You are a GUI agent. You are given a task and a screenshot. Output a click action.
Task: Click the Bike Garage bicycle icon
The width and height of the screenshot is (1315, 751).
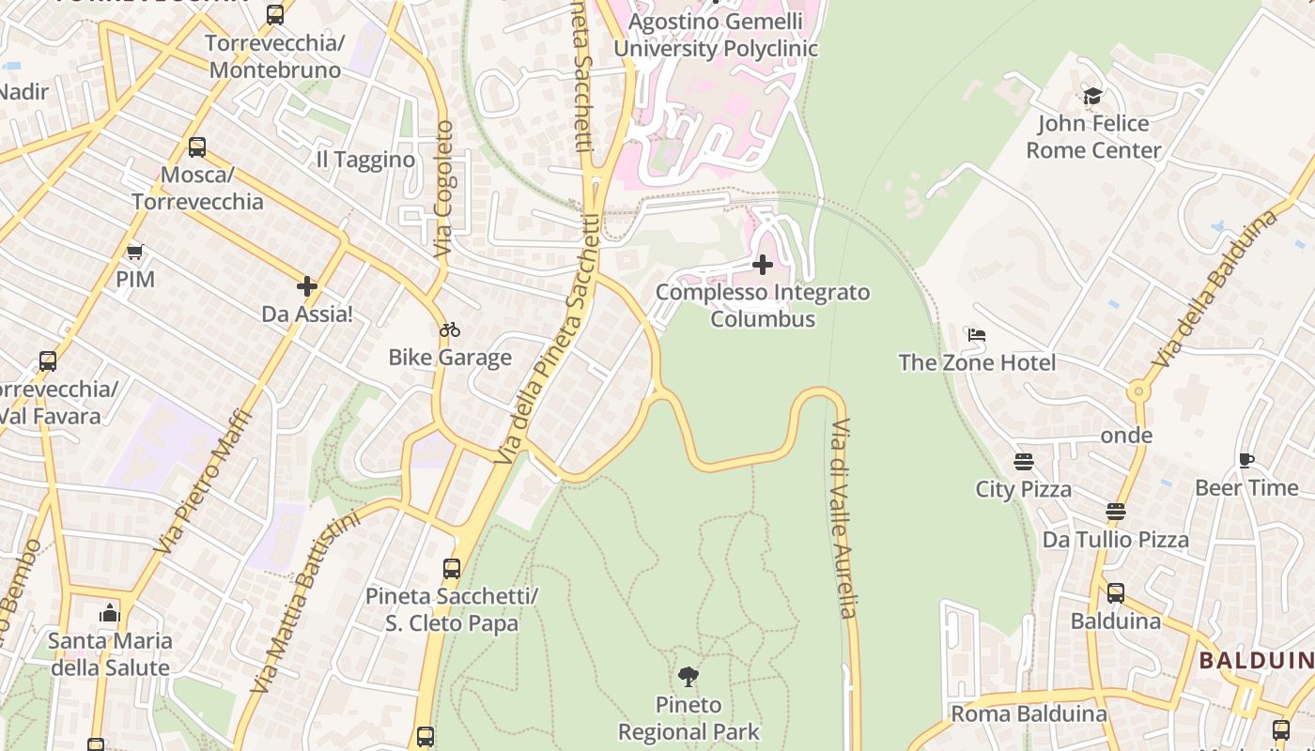(x=450, y=330)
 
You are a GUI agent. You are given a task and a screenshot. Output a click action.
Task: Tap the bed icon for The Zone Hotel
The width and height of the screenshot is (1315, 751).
(x=977, y=335)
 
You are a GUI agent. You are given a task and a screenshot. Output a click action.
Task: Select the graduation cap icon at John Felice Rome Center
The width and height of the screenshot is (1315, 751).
(x=1092, y=96)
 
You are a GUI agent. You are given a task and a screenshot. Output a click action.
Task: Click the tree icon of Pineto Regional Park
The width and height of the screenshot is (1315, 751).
(x=688, y=677)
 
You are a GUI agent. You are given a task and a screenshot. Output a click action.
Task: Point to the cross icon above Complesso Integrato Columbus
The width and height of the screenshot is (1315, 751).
(x=763, y=265)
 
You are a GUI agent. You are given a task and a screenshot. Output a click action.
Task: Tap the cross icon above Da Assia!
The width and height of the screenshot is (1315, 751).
(x=307, y=286)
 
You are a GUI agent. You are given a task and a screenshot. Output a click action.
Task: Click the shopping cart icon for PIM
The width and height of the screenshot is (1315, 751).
(x=135, y=252)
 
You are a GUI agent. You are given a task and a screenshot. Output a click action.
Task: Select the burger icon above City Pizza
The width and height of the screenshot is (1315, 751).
(x=1023, y=462)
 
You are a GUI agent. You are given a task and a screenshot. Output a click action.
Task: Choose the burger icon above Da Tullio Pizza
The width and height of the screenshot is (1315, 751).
(x=1115, y=512)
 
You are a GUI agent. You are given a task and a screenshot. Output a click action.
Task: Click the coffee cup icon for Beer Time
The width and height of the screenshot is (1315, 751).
(x=1246, y=460)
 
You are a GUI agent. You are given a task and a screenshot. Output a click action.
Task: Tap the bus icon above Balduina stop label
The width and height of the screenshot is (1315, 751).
(x=1115, y=593)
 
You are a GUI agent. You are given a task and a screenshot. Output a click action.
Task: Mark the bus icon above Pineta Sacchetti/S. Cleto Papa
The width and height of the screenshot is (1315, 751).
(x=452, y=568)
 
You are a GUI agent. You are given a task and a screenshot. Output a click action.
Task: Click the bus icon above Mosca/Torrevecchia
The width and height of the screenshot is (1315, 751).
(x=197, y=147)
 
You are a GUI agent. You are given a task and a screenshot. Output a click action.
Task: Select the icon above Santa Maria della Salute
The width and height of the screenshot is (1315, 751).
(x=110, y=614)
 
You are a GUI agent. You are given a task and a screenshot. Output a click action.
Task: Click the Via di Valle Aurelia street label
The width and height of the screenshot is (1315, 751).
(x=843, y=518)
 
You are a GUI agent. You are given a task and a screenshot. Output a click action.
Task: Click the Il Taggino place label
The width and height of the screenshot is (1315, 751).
(x=365, y=160)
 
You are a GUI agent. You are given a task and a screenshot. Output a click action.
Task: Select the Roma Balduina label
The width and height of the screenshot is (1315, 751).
(x=1029, y=713)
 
